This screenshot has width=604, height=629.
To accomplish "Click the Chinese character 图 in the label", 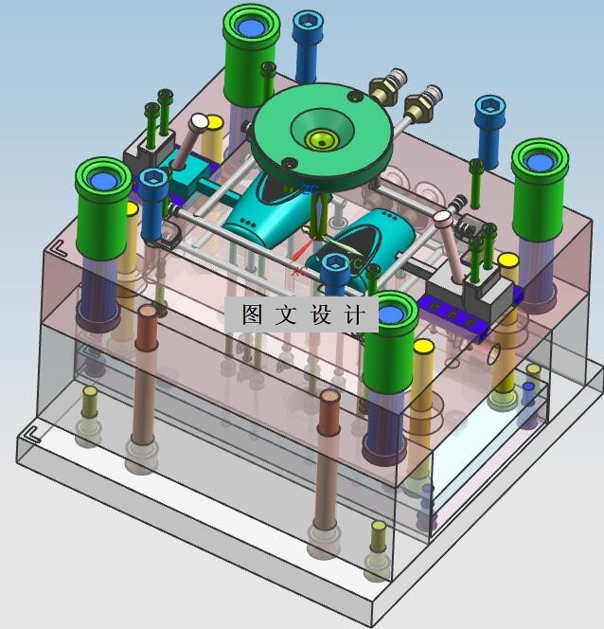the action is coord(253,314).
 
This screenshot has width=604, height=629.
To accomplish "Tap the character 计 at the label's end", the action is coord(355,314).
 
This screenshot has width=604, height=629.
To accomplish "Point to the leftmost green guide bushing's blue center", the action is coord(104,180).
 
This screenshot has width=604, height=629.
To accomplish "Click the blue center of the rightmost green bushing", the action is coord(541,162).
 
